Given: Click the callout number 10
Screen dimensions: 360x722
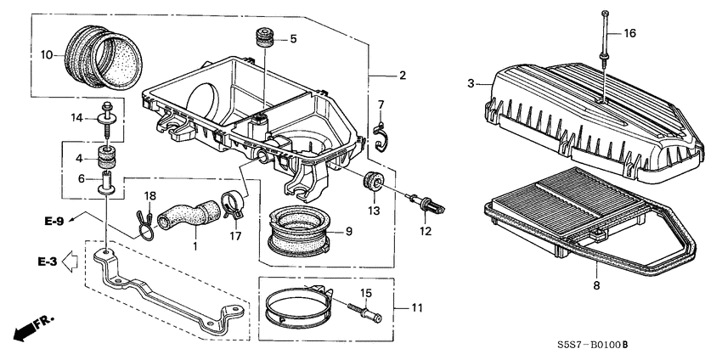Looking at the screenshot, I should [x=48, y=55].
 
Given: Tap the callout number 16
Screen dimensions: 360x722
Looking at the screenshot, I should [x=629, y=33].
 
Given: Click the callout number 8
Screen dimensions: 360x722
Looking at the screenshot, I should [x=596, y=286].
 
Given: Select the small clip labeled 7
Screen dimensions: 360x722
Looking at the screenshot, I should [x=381, y=136].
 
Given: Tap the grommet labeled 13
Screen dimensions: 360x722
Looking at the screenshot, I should [x=372, y=183].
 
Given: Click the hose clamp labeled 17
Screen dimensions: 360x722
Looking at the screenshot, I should [x=230, y=204].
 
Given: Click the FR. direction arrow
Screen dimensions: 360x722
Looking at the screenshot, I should [x=33, y=325].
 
